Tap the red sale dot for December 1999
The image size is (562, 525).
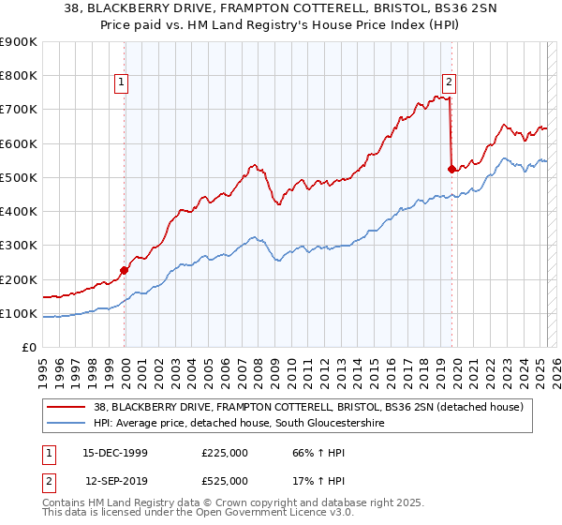pyautogui.click(x=125, y=271)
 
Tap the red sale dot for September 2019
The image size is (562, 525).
pyautogui.click(x=451, y=170)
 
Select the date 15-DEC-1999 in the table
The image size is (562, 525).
pyautogui.click(x=115, y=452)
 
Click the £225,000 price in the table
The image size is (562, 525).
pyautogui.click(x=225, y=452)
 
